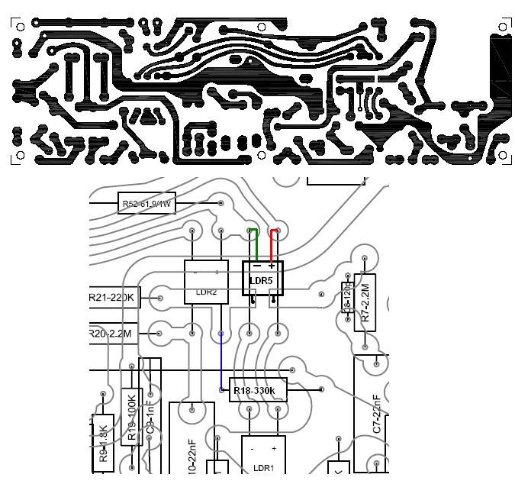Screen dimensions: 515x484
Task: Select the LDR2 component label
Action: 206,292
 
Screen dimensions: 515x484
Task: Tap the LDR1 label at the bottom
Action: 263,467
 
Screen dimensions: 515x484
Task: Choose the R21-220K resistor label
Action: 113,298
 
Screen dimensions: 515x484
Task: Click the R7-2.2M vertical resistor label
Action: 365,306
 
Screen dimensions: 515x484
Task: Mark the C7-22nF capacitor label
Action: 377,416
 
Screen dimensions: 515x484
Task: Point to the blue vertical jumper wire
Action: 221,362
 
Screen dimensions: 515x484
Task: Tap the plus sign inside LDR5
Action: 272,266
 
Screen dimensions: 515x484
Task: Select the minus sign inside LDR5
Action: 257,266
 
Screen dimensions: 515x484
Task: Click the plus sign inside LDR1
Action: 273,449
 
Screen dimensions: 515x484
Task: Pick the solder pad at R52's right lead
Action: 221,203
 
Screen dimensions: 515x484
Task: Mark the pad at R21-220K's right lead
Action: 161,298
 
